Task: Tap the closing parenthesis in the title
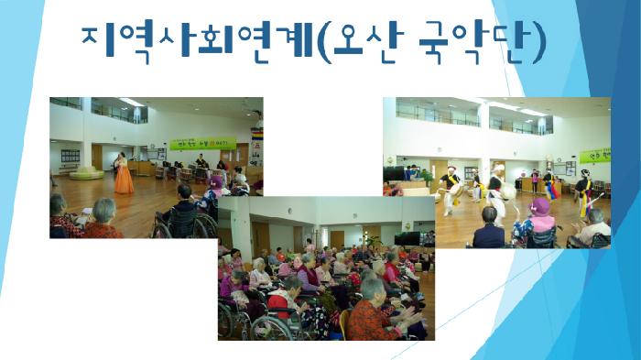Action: tap(538, 41)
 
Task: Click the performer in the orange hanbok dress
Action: tap(123, 174)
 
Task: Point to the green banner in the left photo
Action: tap(202, 144)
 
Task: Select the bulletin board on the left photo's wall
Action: tap(71, 156)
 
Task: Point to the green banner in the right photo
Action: tap(595, 155)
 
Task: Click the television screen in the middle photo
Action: tap(406, 238)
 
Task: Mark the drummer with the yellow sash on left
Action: tap(451, 188)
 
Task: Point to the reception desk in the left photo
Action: tap(142, 168)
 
